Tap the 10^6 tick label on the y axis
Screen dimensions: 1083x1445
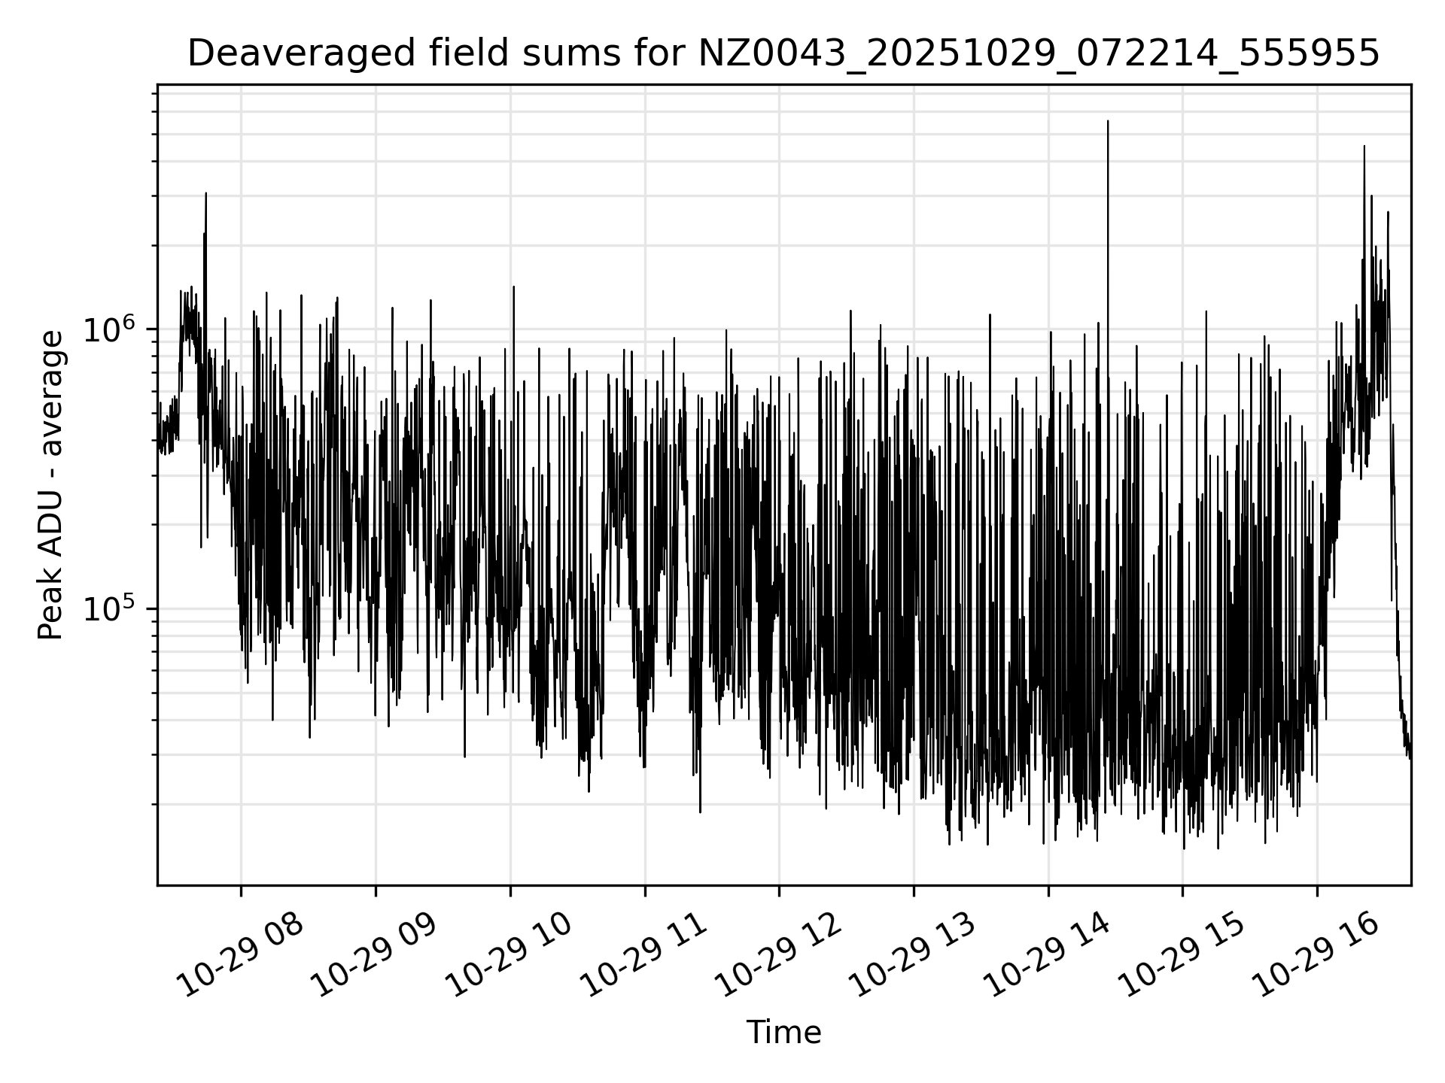coord(113,330)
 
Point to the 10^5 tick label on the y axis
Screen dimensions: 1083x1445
coord(113,609)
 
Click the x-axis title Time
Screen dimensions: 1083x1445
coord(783,1033)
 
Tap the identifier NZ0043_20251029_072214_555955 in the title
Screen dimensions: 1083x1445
coord(1039,54)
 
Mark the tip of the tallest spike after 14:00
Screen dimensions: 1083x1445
coord(1108,121)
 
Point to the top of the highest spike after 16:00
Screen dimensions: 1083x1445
coord(1364,147)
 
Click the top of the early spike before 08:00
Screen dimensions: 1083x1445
coord(205,194)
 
